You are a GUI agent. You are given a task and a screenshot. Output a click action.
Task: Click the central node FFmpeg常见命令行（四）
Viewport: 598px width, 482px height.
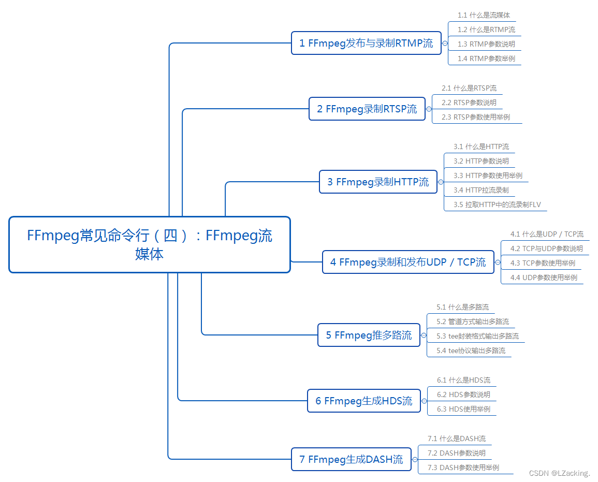150,244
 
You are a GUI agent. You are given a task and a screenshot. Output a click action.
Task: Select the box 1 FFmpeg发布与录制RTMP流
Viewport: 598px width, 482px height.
366,43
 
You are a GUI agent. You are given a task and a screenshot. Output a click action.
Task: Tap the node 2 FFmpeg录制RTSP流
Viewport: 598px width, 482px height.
367,109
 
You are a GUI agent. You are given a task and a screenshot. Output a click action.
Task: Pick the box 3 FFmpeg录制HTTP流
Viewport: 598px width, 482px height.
378,182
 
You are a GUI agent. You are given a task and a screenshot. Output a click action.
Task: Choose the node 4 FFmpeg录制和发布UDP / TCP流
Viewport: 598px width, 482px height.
408,262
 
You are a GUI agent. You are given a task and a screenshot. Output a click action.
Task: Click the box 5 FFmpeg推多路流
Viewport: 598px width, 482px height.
369,335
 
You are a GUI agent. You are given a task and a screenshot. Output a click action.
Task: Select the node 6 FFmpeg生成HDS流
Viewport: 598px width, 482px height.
363,401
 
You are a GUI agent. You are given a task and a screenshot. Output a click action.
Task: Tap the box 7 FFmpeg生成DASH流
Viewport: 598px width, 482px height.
351,459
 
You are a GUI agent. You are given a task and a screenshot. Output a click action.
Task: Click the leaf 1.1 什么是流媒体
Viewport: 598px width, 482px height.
484,16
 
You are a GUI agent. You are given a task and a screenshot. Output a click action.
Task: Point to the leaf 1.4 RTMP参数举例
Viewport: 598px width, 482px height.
486,59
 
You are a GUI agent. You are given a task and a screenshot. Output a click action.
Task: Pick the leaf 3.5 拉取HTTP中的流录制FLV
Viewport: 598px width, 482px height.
497,205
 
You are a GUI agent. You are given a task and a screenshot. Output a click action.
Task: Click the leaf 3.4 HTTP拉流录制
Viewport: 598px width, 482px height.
481,190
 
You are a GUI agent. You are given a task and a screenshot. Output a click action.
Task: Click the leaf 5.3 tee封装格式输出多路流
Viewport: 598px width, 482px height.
477,336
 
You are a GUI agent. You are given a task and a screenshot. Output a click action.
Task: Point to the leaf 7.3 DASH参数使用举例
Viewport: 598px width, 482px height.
463,468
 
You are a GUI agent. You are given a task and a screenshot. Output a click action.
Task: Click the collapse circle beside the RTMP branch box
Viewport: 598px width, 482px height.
445,43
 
